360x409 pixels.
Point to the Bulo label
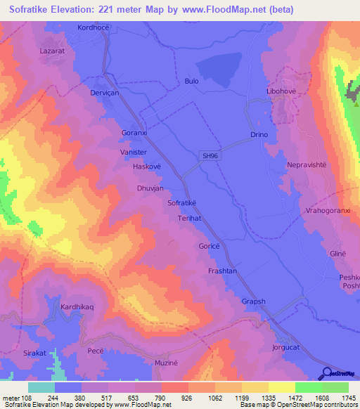[191, 81]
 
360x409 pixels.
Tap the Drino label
[260, 134]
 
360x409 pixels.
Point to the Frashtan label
[222, 271]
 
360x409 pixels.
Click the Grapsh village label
[254, 301]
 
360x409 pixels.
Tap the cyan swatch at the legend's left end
[41, 387]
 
